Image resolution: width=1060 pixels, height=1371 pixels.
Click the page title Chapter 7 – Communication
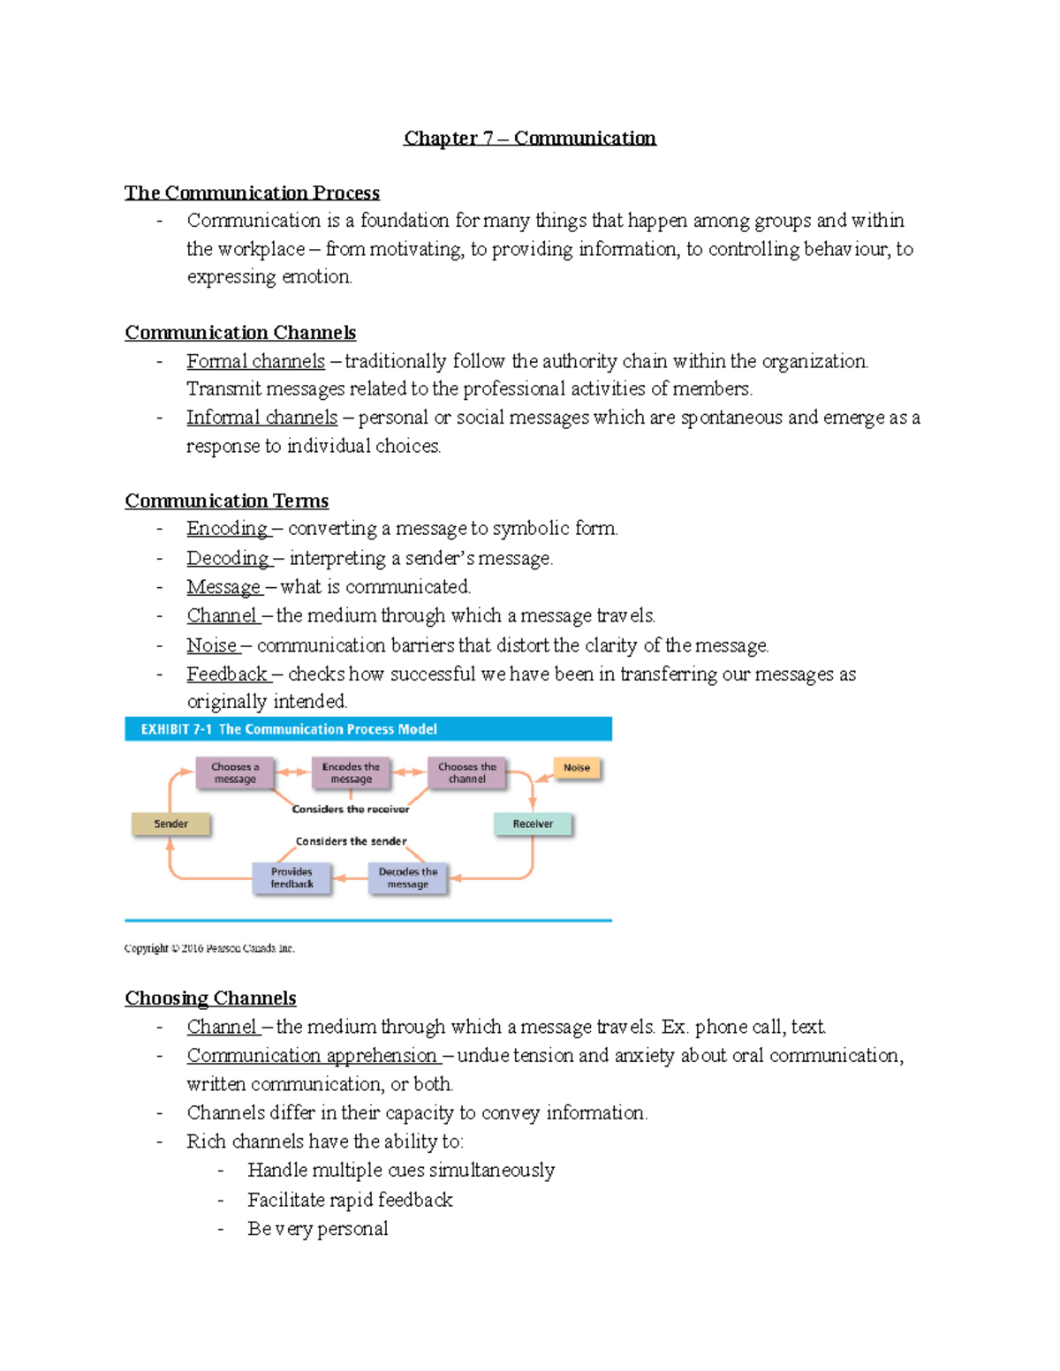[x=529, y=138]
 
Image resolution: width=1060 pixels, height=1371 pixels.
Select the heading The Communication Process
[x=252, y=192]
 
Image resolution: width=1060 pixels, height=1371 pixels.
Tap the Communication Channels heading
[x=240, y=332]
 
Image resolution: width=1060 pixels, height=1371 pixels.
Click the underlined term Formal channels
[x=255, y=361]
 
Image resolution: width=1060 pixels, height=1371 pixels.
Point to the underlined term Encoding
[x=227, y=528]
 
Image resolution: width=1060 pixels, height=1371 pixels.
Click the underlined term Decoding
[x=228, y=558]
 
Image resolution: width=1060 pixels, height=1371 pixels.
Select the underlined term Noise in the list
[x=212, y=645]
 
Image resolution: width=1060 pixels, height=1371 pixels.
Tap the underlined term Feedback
[x=227, y=674]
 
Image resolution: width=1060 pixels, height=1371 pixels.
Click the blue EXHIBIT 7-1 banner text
[x=289, y=729]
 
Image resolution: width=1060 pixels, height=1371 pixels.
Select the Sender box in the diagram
[x=170, y=824]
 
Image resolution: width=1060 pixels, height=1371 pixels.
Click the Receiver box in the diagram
[x=533, y=824]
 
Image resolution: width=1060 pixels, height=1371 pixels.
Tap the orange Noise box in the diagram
[x=577, y=768]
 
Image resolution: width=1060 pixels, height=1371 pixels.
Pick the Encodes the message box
[x=351, y=772]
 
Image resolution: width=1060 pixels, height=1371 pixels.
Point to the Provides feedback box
[x=291, y=878]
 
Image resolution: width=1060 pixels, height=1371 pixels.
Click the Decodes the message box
[x=407, y=878]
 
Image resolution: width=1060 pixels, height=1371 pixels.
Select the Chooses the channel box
[x=466, y=772]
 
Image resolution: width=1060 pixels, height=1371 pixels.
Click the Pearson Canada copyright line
[x=209, y=948]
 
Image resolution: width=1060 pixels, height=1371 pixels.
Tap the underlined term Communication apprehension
[x=312, y=1055]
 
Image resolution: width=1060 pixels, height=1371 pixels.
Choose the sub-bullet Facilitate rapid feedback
[x=350, y=1200]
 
